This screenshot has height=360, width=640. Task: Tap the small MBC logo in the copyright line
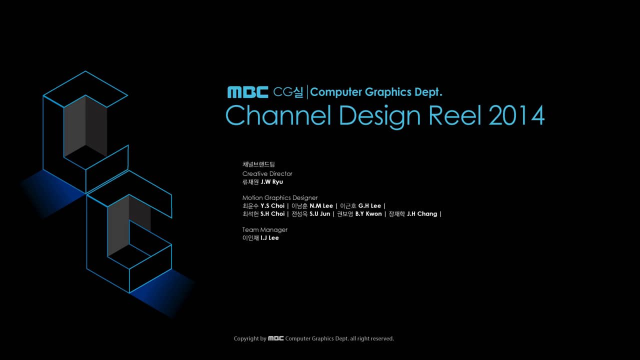pos(276,338)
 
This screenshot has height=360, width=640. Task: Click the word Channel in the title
pos(278,115)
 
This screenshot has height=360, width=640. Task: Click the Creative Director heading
pos(267,173)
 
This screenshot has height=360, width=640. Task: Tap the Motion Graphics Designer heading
pos(280,198)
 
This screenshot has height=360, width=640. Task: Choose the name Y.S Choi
pos(272,206)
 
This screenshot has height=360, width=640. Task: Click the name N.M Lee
pos(321,206)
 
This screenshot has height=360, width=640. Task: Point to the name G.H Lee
pos(369,206)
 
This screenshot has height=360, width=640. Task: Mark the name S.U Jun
pos(320,214)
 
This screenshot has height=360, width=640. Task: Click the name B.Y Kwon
pos(368,214)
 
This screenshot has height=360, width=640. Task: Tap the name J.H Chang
pos(422,214)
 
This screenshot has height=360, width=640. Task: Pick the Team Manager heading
pos(265,230)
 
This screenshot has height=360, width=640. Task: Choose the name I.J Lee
pos(269,238)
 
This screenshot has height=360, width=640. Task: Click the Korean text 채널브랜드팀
pos(258,164)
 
